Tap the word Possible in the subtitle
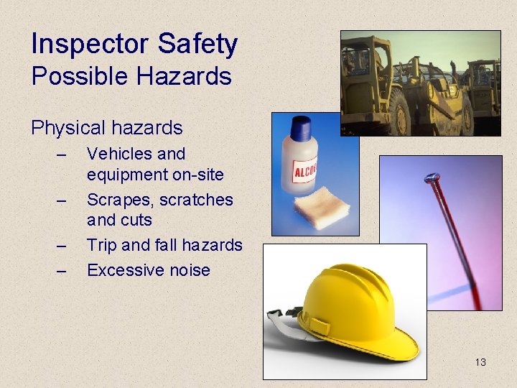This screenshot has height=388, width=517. click(x=71, y=76)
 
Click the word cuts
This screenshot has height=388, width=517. click(x=136, y=219)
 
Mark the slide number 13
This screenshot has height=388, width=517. click(x=480, y=362)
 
